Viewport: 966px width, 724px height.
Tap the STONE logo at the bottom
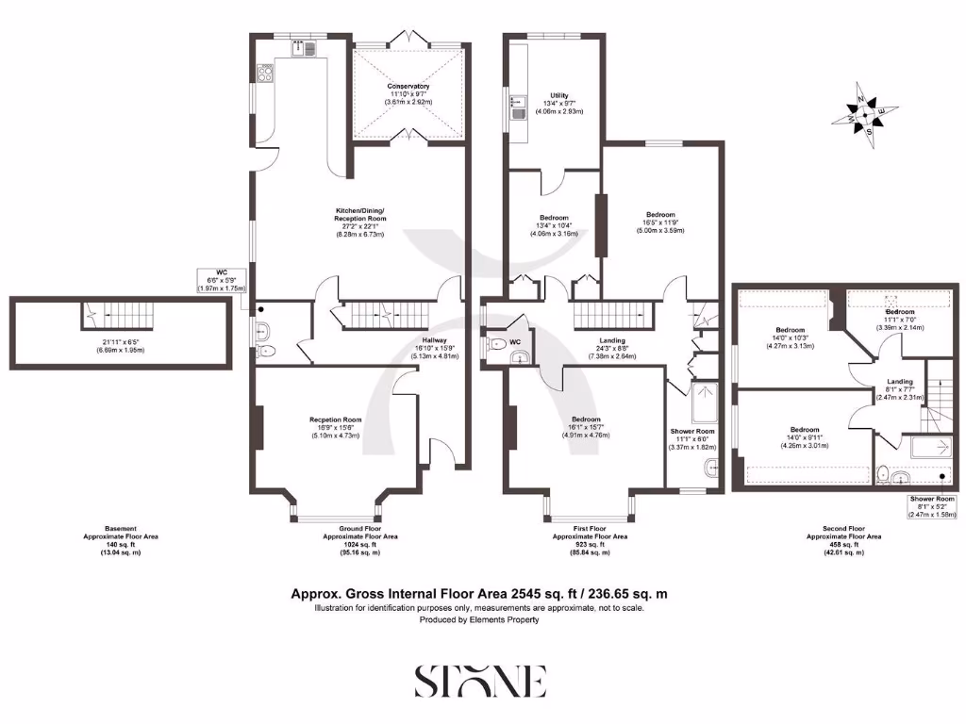pos(481,681)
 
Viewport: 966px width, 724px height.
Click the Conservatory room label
pos(408,94)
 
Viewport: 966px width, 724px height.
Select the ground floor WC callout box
pos(225,280)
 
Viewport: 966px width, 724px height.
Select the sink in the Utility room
pos(517,114)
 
